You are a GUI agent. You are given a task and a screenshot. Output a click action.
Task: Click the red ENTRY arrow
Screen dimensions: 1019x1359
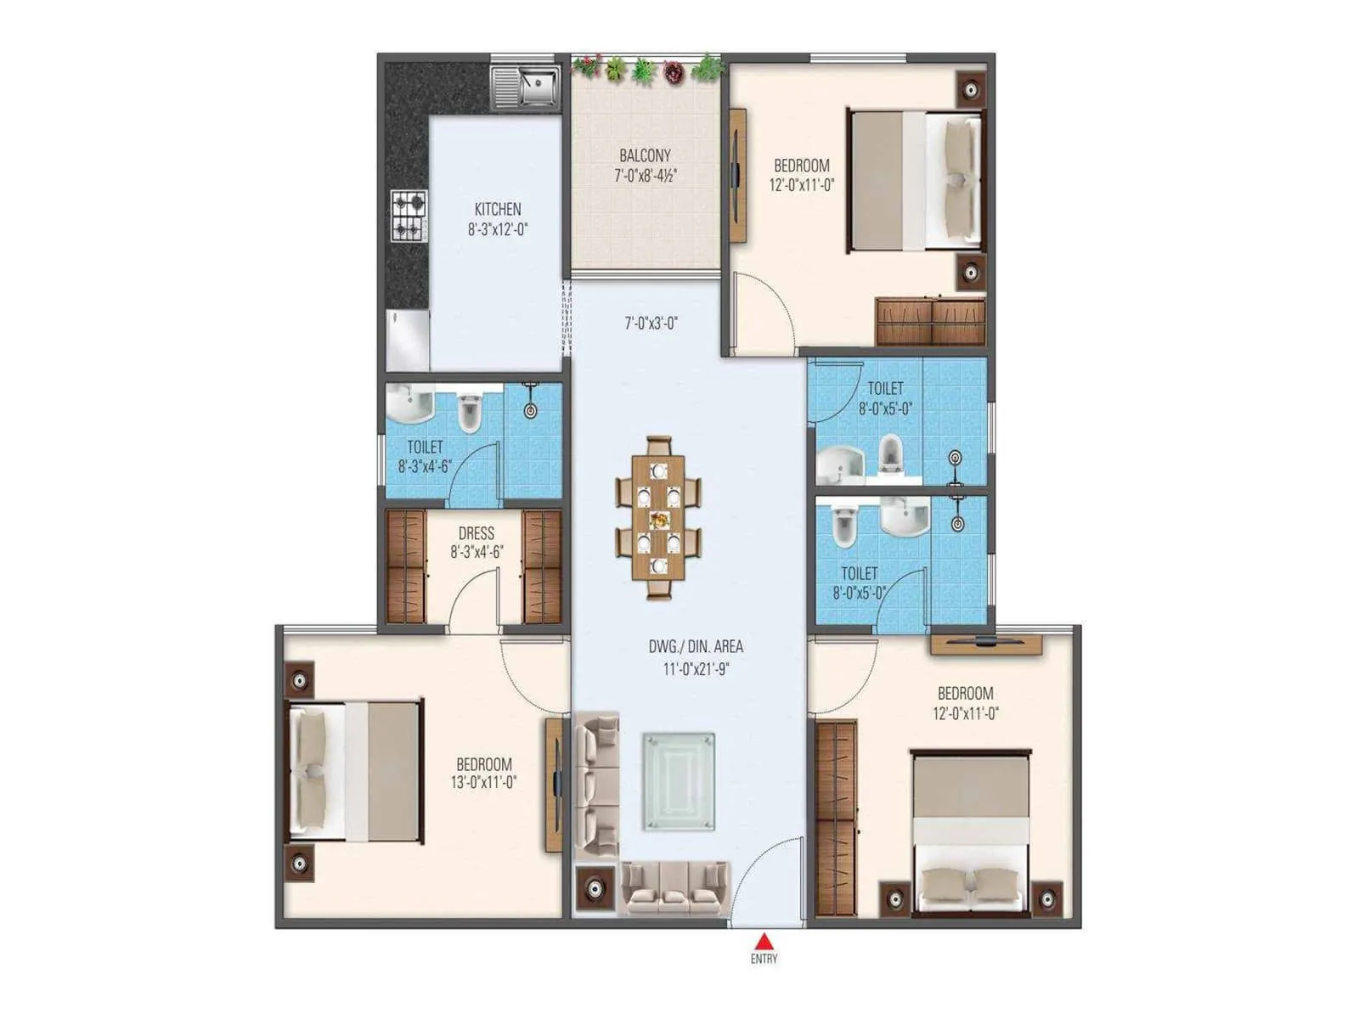tap(764, 941)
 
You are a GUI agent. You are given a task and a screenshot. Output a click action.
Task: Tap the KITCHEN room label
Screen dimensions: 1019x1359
tap(498, 209)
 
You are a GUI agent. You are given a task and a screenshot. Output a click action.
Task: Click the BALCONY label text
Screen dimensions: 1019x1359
tap(645, 155)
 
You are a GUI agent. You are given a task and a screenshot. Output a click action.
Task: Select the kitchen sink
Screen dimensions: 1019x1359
tap(526, 85)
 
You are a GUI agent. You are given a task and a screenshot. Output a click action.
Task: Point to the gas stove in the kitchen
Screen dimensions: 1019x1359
tap(409, 215)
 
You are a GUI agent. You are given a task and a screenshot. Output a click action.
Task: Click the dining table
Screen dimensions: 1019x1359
tap(659, 519)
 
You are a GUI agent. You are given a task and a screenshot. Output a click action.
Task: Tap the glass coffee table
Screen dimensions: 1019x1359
tap(679, 781)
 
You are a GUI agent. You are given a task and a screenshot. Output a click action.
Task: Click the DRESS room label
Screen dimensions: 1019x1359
tap(476, 533)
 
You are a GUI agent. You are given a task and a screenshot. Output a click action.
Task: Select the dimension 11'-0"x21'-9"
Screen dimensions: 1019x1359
tap(696, 668)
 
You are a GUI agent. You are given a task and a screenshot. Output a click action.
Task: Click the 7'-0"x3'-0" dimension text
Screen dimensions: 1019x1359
tap(651, 323)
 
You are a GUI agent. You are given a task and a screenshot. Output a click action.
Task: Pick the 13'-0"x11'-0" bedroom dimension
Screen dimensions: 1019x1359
tap(484, 782)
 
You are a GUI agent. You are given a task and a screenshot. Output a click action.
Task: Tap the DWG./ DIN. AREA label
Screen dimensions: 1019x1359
tap(696, 647)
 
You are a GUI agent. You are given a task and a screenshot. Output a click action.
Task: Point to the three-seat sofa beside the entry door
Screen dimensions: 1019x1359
tap(674, 888)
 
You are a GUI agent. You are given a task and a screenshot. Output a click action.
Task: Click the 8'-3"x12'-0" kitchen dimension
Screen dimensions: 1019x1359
tap(498, 228)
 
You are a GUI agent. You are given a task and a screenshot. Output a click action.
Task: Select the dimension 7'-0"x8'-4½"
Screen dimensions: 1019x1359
tap(646, 176)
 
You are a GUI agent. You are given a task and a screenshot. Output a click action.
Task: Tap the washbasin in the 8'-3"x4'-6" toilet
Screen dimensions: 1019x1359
tap(411, 403)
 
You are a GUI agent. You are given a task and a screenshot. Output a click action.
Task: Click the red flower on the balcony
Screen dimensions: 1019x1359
tap(674, 72)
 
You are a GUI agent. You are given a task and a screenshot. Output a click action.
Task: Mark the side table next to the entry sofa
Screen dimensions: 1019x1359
tap(594, 888)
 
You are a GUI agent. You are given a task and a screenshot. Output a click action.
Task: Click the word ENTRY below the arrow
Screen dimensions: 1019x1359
tap(764, 959)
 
